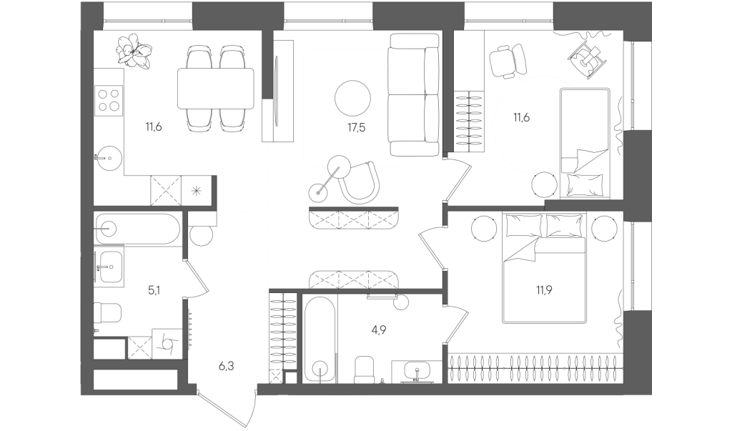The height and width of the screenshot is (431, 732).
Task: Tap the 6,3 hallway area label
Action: pos(227,367)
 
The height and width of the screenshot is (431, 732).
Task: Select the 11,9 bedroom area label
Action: pos(544,290)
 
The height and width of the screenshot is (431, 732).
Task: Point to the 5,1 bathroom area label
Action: pos(154,290)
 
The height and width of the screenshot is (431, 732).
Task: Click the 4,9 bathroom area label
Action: pos(379,330)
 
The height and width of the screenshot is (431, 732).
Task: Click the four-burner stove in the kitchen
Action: pos(109,100)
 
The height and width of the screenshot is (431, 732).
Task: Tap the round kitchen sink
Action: pos(109,159)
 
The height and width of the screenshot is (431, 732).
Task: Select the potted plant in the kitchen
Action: pos(134,50)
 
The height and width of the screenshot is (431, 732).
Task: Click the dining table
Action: pos(216,89)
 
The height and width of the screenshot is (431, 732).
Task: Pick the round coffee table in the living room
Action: pos(353,99)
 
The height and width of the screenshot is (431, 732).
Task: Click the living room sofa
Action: pos(414,95)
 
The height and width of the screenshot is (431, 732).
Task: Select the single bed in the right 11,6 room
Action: pos(585,144)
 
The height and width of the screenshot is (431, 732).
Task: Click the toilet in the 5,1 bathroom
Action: pos(107,312)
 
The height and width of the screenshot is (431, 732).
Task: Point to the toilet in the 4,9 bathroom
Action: pos(365,370)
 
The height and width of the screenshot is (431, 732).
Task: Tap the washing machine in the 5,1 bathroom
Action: pos(167,343)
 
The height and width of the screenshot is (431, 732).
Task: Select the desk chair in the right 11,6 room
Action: pos(508,60)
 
